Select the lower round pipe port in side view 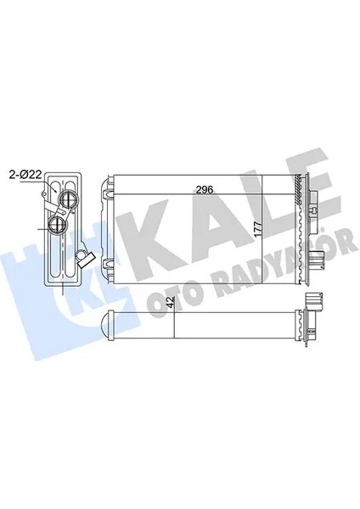pos(58,225)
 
